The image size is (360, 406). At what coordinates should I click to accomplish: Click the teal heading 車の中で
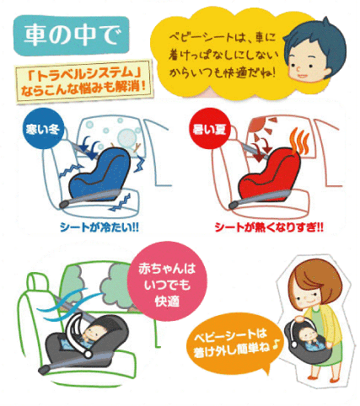(72, 35)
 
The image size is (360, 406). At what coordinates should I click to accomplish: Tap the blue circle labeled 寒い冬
(43, 129)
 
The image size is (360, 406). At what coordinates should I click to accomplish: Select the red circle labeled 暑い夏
(210, 129)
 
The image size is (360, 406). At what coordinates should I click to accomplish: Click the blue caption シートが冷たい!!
(99, 227)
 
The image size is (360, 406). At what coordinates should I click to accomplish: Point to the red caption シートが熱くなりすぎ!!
(269, 227)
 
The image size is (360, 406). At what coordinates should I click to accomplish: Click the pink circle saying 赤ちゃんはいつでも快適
(167, 281)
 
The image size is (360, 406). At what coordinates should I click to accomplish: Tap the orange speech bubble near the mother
(234, 344)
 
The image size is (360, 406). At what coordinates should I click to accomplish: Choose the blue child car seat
(99, 174)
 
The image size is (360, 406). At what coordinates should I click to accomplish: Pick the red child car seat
(269, 174)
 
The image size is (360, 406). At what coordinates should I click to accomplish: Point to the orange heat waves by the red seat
(300, 142)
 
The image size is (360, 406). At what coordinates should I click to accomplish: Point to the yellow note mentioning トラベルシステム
(83, 82)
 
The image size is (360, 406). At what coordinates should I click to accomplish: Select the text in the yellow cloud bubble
(223, 55)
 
